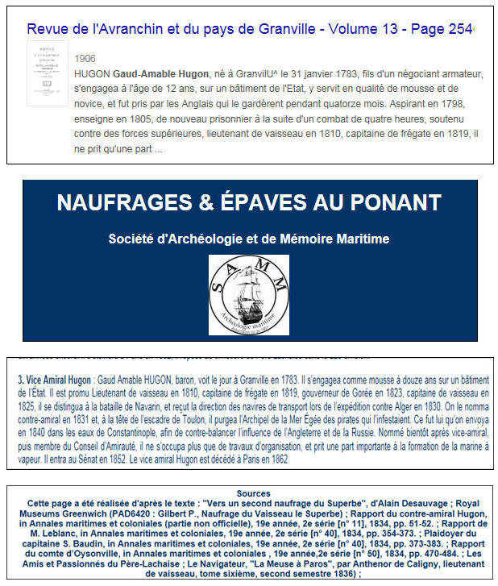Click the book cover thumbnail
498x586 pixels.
pyautogui.click(x=48, y=73)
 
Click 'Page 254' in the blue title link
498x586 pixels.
pyautogui.click(x=441, y=28)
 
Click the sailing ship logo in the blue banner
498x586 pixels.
pyautogui.click(x=249, y=295)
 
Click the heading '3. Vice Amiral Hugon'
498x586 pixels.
pyautogui.click(x=54, y=377)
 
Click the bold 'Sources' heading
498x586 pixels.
pyautogui.click(x=248, y=493)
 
